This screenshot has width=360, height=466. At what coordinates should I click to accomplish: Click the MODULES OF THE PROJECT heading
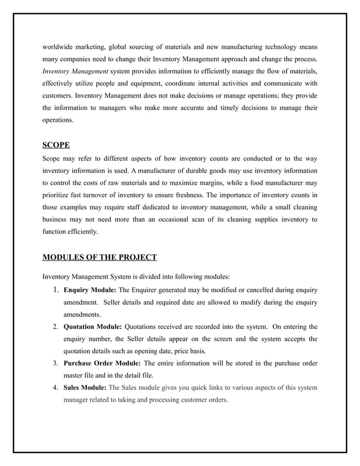(x=99, y=258)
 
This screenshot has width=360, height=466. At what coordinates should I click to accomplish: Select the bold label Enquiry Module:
(x=90, y=290)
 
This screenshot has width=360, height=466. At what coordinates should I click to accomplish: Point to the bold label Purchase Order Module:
(x=103, y=363)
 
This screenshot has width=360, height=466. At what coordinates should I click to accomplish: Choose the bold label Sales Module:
(x=84, y=388)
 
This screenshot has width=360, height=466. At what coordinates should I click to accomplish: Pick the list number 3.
(x=55, y=363)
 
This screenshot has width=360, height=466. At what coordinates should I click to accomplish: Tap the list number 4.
(x=55, y=388)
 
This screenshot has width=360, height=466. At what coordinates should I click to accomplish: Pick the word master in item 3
(x=75, y=376)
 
